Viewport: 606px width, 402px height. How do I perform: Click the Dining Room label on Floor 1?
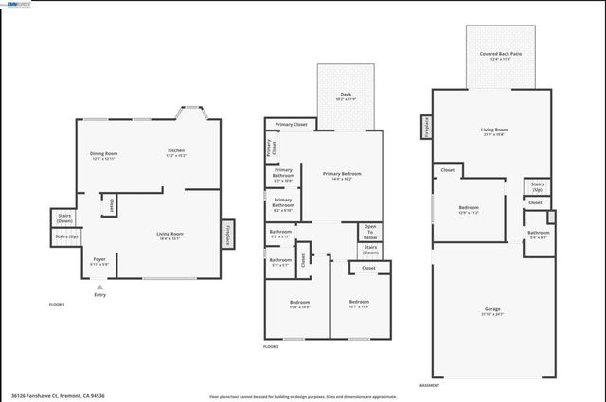(x=103, y=155)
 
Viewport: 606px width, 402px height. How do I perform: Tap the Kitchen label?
(x=176, y=152)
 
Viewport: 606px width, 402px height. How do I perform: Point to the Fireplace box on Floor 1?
(x=227, y=234)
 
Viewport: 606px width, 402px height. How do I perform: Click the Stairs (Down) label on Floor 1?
(x=65, y=218)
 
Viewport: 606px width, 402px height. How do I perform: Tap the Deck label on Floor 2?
(x=345, y=96)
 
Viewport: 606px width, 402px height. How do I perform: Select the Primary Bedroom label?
(x=342, y=175)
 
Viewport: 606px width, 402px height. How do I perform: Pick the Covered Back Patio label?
(x=501, y=56)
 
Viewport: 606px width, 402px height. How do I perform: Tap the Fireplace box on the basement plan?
(x=426, y=126)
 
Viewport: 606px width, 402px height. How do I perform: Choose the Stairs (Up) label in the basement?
(x=537, y=186)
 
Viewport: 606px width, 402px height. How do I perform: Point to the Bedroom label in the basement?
(x=470, y=209)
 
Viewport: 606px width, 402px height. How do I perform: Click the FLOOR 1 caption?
(x=57, y=305)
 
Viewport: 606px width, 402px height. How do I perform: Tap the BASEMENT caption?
(x=429, y=385)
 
